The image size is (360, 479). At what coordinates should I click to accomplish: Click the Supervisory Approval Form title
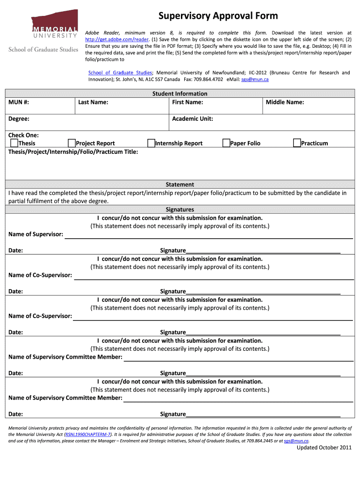[x=218, y=16]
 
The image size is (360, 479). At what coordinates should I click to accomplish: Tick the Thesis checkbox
[x=14, y=143]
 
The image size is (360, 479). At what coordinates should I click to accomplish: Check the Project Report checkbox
[x=72, y=143]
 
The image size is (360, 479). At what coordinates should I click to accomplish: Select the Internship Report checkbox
[x=151, y=143]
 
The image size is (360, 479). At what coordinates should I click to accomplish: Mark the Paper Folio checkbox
[x=226, y=143]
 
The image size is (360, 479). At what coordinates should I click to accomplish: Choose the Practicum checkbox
[x=297, y=143]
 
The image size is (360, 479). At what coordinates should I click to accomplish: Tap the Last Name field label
[x=93, y=102]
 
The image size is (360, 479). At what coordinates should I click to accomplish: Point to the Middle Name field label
[x=285, y=102]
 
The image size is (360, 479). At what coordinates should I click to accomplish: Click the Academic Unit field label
[x=192, y=119]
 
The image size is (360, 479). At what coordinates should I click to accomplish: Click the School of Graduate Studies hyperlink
[x=120, y=73]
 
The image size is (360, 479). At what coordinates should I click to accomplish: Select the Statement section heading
[x=180, y=185]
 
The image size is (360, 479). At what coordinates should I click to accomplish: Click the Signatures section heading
[x=180, y=210]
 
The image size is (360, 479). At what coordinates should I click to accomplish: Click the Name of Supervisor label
[x=36, y=234]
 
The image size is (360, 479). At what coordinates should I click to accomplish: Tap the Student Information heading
[x=180, y=94]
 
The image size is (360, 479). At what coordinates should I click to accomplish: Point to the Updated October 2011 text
[x=324, y=448]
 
